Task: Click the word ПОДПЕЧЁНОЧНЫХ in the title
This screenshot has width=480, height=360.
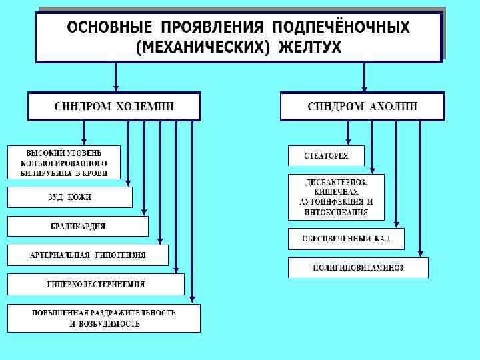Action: point(341,28)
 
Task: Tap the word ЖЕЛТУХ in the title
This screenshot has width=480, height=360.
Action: point(311,47)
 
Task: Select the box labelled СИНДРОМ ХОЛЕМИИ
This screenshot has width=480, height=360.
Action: point(114,107)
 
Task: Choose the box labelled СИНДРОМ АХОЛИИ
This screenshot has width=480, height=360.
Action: point(363,107)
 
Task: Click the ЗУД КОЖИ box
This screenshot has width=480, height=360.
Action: point(70,197)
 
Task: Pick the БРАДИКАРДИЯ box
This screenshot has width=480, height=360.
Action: point(78,226)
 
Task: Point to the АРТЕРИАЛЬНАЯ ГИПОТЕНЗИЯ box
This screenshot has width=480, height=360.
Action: point(88,255)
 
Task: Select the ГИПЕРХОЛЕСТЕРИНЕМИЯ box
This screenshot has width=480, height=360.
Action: point(96,284)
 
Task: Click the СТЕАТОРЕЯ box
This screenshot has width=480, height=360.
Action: point(326,155)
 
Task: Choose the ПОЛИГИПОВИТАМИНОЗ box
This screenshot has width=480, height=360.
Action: point(358,268)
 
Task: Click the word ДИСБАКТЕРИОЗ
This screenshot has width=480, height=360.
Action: point(336,181)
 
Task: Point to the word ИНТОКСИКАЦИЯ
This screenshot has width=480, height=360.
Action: point(336,213)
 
